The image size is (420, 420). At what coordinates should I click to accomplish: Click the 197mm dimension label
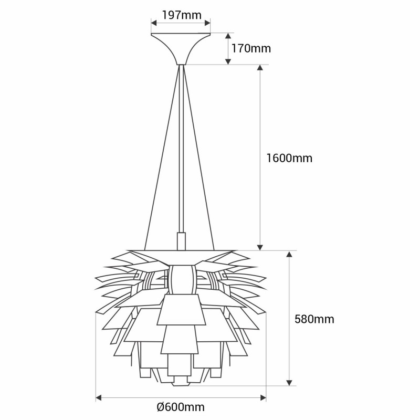coord(182,15)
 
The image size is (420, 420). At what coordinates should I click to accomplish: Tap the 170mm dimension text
coord(251,48)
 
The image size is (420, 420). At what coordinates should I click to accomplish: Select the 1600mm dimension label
coord(289,158)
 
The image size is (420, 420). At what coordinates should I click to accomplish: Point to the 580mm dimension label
coord(314,319)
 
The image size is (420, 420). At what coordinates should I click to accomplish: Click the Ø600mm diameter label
coord(181,407)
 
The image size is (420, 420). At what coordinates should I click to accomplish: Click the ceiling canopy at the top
coord(181,48)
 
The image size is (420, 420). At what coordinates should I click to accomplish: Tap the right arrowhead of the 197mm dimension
coord(207,23)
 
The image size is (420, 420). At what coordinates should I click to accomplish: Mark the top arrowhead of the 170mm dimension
coord(228,36)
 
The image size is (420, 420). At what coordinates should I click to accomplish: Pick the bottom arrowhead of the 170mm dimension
coord(228,61)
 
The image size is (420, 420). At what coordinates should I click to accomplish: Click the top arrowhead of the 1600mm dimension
coord(260,68)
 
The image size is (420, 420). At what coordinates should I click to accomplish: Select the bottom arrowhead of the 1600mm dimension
coord(260,247)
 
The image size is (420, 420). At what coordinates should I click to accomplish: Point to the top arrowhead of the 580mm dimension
coord(289,254)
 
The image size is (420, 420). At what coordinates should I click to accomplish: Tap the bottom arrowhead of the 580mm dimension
coord(289,383)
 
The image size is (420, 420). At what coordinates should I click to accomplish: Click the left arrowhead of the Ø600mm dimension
coord(99,397)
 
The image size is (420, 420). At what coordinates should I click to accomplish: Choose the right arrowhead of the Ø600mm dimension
coord(263,397)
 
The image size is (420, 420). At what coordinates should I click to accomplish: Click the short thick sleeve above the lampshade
coord(181,241)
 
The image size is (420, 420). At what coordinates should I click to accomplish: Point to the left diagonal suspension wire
coord(162,157)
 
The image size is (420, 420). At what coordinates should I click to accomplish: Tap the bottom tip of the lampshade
coord(181,385)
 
